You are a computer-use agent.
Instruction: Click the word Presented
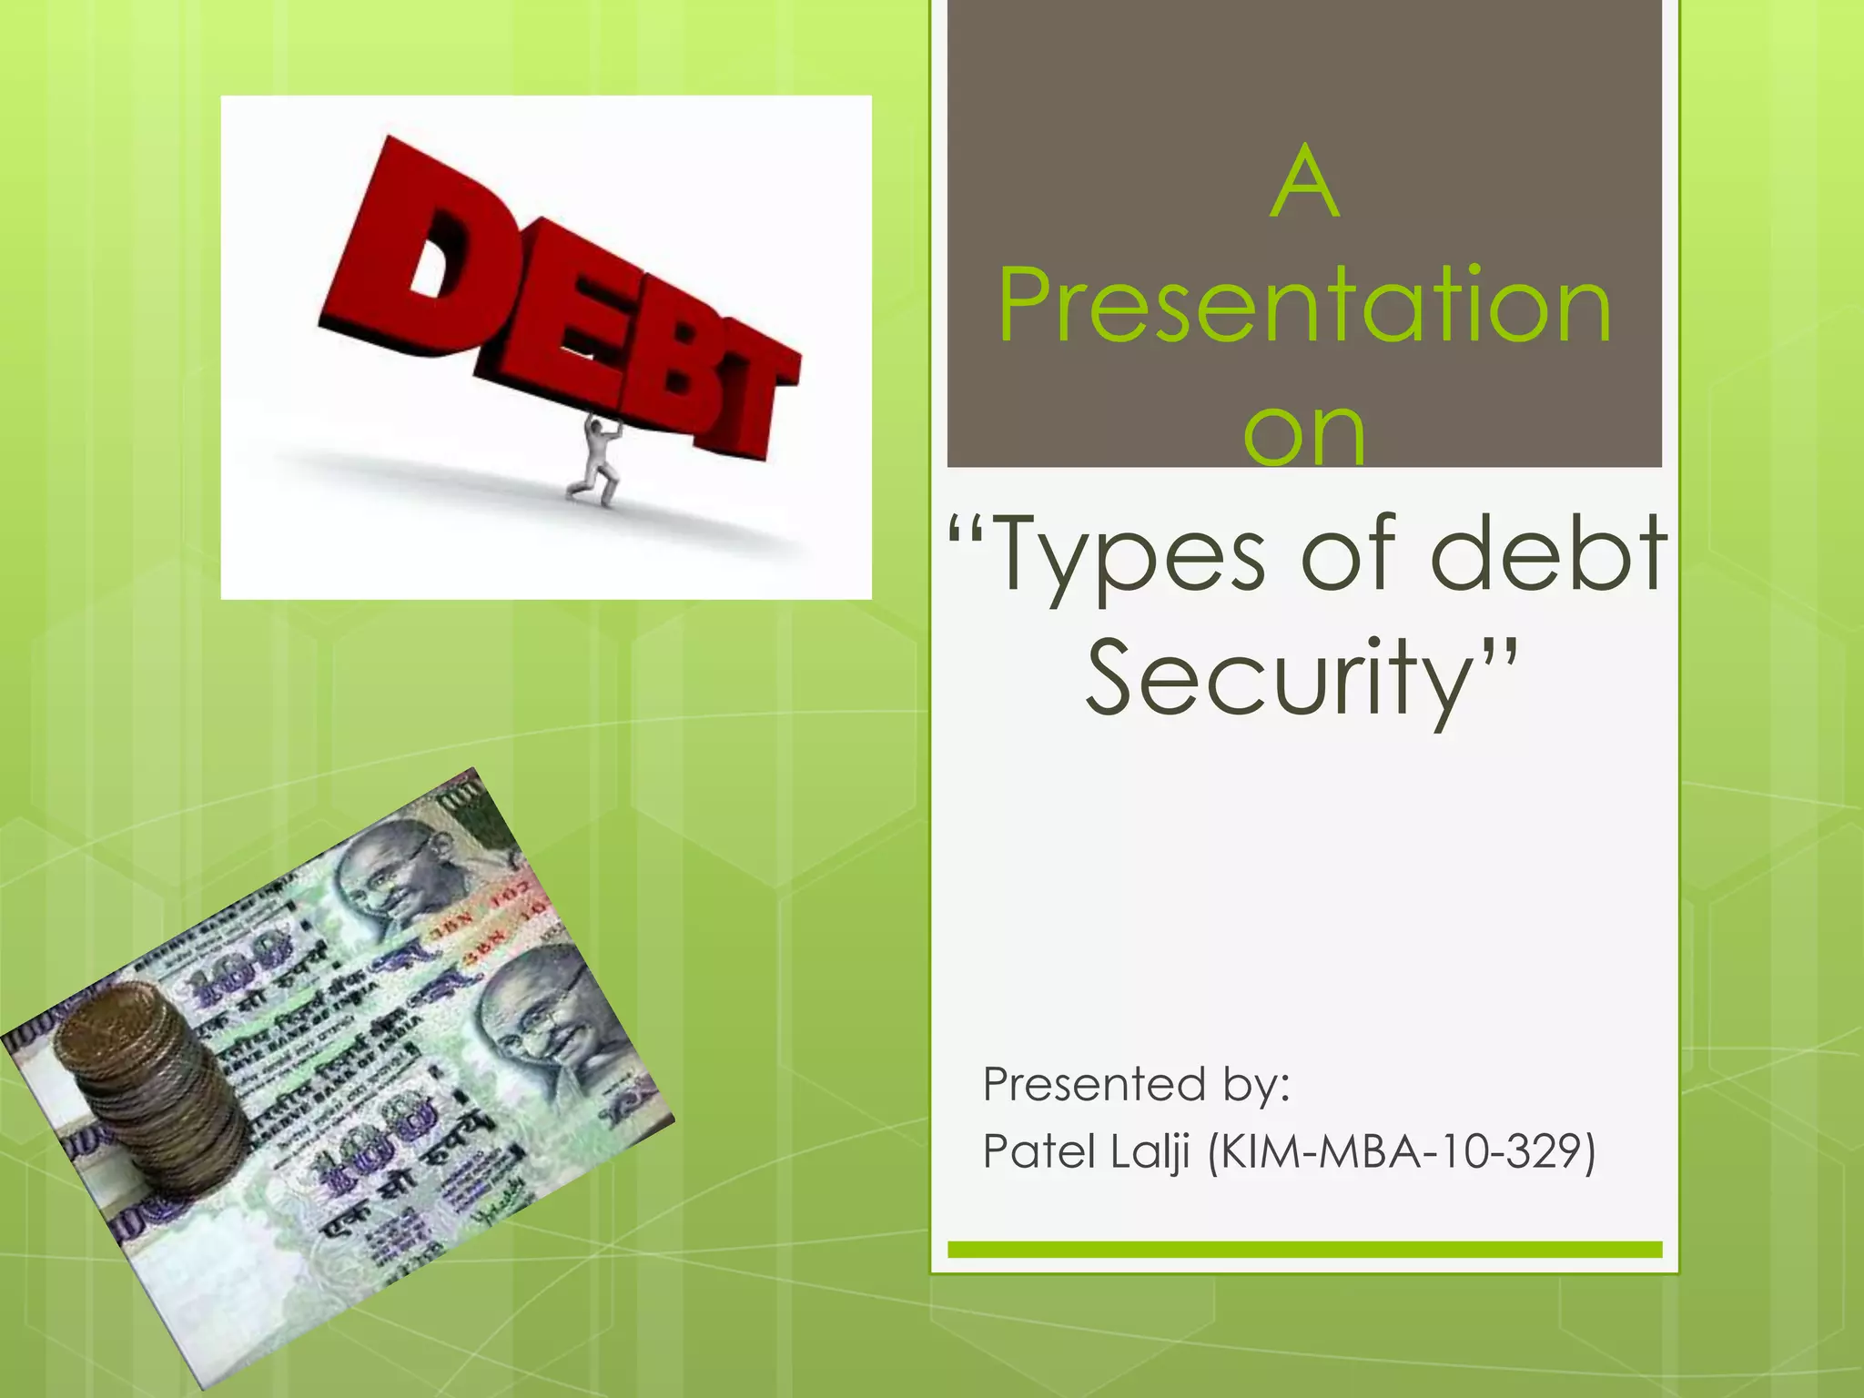tap(1095, 1085)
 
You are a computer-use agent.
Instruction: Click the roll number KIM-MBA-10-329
tap(1402, 1151)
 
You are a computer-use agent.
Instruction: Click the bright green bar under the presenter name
tap(1304, 1250)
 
